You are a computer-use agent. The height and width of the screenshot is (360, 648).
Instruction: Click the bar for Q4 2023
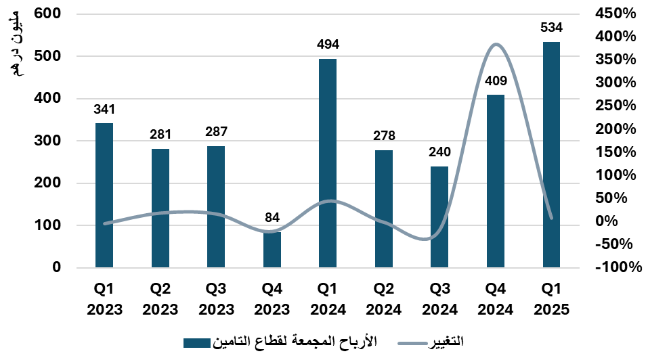tap(272, 250)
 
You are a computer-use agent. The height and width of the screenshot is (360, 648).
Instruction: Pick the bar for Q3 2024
tap(439, 217)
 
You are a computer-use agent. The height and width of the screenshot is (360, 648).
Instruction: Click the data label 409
tap(495, 84)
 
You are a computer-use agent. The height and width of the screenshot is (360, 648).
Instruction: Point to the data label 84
tap(272, 218)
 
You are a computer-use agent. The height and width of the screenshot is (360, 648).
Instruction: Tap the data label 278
tap(383, 136)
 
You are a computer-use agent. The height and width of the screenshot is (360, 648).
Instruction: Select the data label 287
tap(216, 132)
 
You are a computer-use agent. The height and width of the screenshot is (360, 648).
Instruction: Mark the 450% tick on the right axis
tap(618, 14)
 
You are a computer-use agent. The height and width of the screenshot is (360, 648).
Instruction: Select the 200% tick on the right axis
tap(618, 129)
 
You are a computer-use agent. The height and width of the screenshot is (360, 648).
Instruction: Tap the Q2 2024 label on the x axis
tap(383, 299)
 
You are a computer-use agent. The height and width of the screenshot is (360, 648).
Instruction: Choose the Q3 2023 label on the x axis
tap(216, 299)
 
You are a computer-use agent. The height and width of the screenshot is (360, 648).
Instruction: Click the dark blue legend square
tap(197, 343)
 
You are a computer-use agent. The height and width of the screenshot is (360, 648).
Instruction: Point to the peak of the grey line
tap(496, 45)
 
